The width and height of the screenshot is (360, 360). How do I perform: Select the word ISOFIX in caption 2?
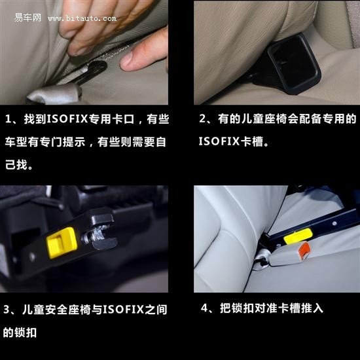click(x=219, y=141)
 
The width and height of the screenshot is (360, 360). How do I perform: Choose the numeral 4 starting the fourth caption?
click(x=204, y=307)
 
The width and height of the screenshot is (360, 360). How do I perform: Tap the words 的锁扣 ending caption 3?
click(x=20, y=332)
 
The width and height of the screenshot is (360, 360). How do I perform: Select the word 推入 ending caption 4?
click(x=314, y=307)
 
